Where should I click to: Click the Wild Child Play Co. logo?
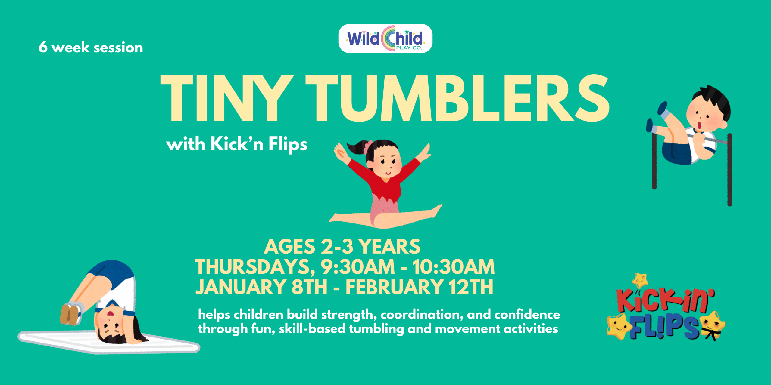pos(385,39)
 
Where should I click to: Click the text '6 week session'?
pos(91,48)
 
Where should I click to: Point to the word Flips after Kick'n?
pos(288,144)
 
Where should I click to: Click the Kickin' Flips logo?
pos(666,313)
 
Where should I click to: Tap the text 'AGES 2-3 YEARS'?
pos(342,247)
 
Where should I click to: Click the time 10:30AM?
pos(453,267)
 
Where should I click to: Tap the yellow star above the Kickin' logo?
pos(640,280)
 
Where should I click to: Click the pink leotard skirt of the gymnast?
pos(385,208)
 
